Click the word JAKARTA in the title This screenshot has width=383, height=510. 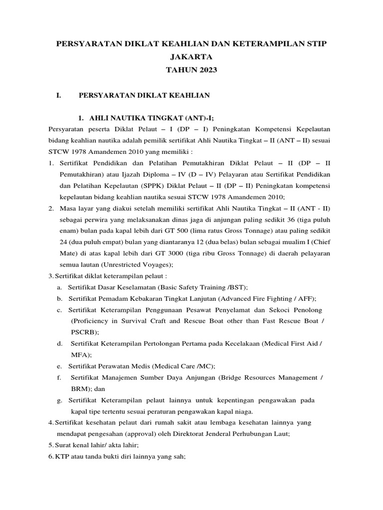point(191,57)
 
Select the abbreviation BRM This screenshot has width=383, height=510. point(80,388)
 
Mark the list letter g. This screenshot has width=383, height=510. point(59,400)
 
